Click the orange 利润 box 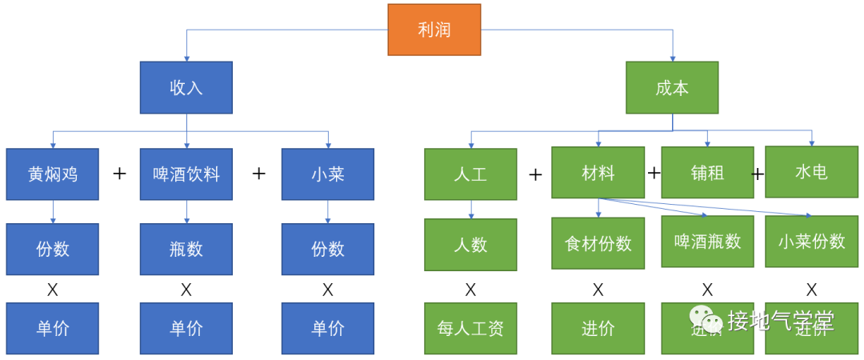coord(434,30)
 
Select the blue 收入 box coord(186,87)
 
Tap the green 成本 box coord(672,87)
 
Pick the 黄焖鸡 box coord(53,174)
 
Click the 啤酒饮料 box coord(186,174)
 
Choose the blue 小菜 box coord(328,174)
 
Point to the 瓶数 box coord(186,249)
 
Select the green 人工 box coord(470,174)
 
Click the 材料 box coord(598,172)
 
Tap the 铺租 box coord(707,172)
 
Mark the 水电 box coord(811,171)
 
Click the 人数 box coord(470,245)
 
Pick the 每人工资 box coord(470,328)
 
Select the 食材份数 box coord(598,243)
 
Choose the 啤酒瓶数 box coord(707,241)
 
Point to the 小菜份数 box coord(811,241)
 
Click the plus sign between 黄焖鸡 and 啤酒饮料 coord(120,173)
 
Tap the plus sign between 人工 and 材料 coord(535,174)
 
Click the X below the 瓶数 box coord(186,290)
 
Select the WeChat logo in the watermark coord(705,319)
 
